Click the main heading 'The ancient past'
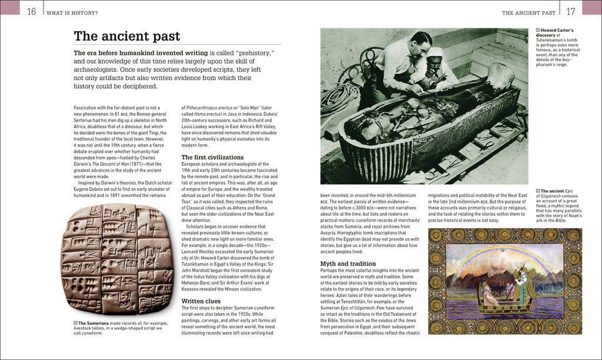click(x=126, y=36)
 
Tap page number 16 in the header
click(x=32, y=12)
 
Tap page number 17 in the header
click(x=570, y=12)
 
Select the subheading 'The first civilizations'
click(x=212, y=157)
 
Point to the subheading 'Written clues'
click(x=201, y=301)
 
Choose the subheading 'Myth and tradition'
click(x=348, y=264)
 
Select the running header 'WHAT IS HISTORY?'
click(x=73, y=12)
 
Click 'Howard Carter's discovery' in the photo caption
click(x=558, y=33)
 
